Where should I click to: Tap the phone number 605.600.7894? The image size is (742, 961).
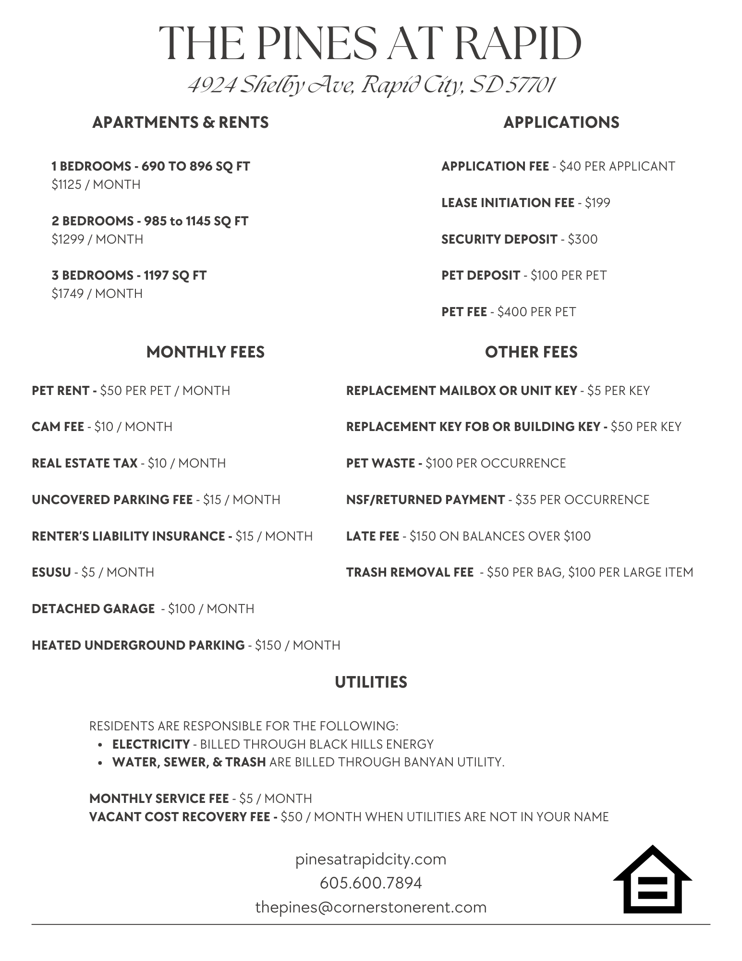click(371, 883)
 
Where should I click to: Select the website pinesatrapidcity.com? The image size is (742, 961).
click(371, 859)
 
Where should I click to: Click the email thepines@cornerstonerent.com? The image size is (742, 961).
click(371, 907)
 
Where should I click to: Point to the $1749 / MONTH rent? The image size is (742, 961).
click(97, 294)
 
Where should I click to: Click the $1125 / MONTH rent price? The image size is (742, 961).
click(96, 185)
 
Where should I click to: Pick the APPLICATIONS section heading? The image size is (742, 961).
click(561, 123)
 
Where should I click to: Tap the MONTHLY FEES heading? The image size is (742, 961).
click(205, 352)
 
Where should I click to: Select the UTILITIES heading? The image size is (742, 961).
click(371, 682)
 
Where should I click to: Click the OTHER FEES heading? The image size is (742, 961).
click(531, 352)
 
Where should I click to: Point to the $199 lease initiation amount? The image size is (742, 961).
click(597, 203)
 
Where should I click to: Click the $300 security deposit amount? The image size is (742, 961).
click(583, 239)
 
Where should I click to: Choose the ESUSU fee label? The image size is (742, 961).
click(51, 572)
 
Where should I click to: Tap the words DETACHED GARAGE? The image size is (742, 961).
click(93, 609)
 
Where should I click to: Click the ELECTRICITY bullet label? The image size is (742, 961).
click(151, 744)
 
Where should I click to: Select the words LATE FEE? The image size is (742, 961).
click(373, 536)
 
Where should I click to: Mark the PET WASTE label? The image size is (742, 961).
click(380, 463)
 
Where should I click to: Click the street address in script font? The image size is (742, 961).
click(371, 86)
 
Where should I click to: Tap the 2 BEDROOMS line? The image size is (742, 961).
click(150, 221)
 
